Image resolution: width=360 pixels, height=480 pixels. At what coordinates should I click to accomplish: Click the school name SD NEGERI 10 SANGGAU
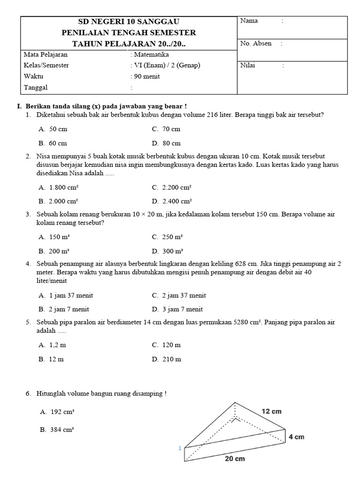[x=129, y=22]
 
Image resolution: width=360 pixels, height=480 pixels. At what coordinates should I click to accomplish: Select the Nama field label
[x=249, y=21]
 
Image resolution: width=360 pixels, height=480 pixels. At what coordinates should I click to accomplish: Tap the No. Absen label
[x=255, y=44]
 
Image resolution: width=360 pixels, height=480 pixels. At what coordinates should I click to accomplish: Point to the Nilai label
[x=247, y=66]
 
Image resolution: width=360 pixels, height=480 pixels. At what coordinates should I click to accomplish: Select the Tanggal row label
[x=36, y=87]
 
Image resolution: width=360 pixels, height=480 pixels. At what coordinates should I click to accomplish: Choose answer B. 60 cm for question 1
[x=53, y=143]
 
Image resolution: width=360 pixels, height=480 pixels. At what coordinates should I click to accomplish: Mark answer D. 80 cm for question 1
[x=166, y=143]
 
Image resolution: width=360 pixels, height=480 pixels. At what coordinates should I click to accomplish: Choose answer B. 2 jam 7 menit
[x=64, y=309]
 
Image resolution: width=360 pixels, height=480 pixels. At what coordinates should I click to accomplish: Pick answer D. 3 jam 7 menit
[x=177, y=309]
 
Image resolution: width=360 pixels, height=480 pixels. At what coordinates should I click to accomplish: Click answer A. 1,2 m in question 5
[x=52, y=345]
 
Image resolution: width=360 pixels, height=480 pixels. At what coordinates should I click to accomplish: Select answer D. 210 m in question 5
[x=166, y=360]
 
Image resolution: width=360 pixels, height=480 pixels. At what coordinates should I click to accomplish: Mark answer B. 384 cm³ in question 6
[x=57, y=429]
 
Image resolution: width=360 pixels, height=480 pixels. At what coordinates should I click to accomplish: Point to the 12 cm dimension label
[x=271, y=411]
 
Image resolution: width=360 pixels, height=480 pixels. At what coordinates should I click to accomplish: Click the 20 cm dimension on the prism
[x=234, y=459]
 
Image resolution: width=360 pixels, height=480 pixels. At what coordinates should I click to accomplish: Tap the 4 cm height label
[x=296, y=437]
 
